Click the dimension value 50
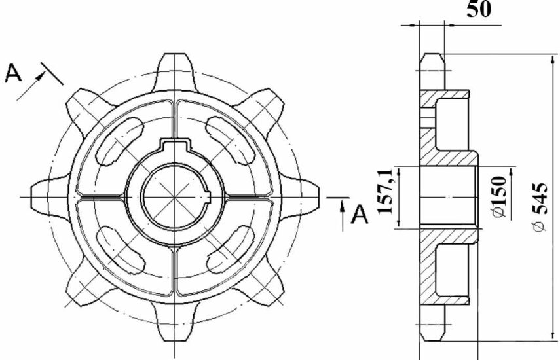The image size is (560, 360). (x=479, y=9)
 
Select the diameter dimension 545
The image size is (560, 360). (x=541, y=207)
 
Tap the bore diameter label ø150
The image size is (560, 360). (x=499, y=197)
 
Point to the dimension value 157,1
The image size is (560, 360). (x=385, y=192)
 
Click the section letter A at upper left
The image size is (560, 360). (x=13, y=73)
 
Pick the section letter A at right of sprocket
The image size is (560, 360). (x=360, y=214)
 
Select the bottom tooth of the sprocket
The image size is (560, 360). (x=175, y=323)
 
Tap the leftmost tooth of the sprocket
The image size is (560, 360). (x=50, y=197)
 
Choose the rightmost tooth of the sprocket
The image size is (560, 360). (x=299, y=197)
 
